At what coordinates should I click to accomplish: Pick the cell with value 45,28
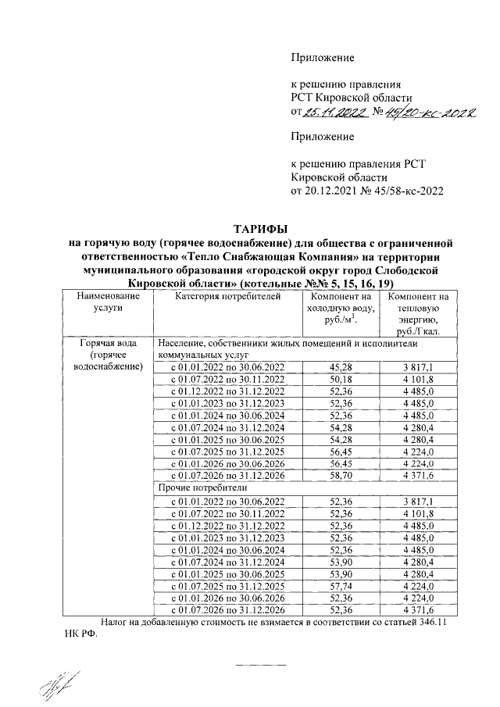click(x=340, y=367)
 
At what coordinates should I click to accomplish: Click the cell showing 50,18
click(x=340, y=379)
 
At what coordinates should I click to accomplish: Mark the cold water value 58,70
click(x=340, y=473)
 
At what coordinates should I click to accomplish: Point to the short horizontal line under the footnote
click(x=261, y=663)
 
